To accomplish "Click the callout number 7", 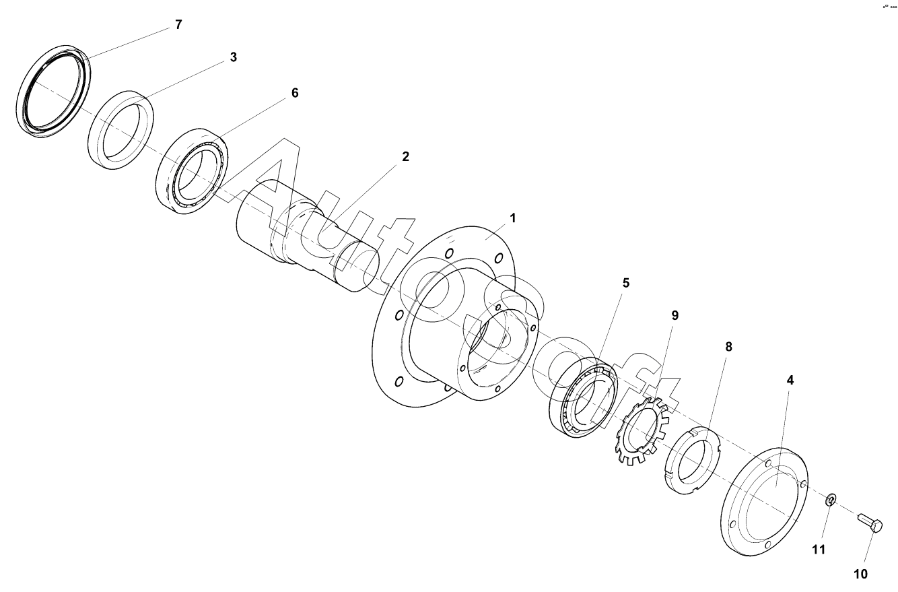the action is (x=178, y=25).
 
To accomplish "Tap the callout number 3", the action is (x=233, y=57).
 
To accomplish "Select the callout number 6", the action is (x=294, y=93).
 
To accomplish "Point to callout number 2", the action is (x=405, y=156).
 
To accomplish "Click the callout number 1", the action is (x=512, y=218).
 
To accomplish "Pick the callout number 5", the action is (x=625, y=283).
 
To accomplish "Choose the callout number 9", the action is (x=675, y=315).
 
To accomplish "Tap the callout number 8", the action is (x=728, y=347).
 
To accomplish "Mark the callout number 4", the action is (x=790, y=380).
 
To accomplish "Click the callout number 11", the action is (x=818, y=550).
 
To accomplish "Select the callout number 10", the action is (x=861, y=574).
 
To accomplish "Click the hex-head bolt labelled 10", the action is (x=870, y=523).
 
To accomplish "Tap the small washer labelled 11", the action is (x=831, y=500).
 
